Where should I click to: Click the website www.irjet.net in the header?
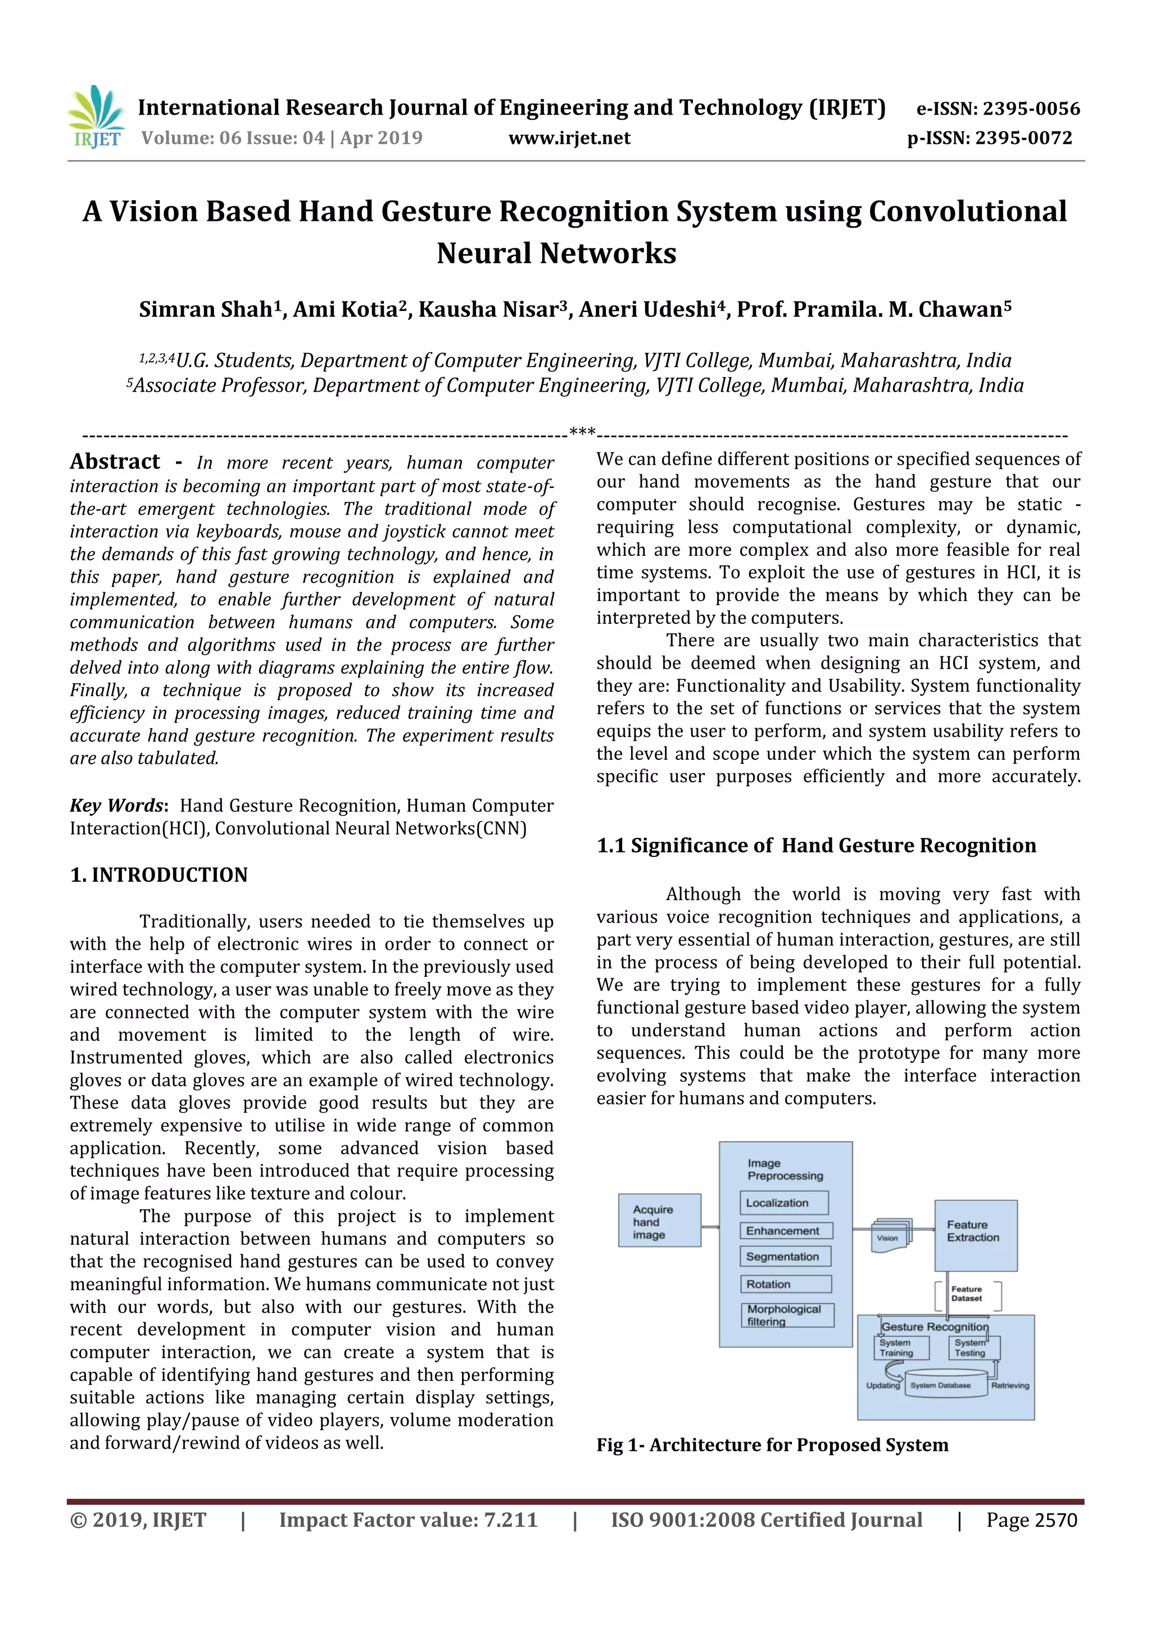point(569,138)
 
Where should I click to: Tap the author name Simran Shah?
point(206,310)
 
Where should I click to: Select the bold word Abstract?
point(115,462)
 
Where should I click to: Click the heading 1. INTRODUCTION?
point(159,875)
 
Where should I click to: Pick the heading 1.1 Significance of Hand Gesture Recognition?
point(816,846)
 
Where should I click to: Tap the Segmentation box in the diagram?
point(785,1257)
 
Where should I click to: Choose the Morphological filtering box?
point(786,1314)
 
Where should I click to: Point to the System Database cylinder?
point(941,1385)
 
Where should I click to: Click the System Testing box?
point(972,1347)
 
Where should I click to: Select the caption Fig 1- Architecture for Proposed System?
point(772,1445)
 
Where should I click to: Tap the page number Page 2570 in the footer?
point(1031,1520)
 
